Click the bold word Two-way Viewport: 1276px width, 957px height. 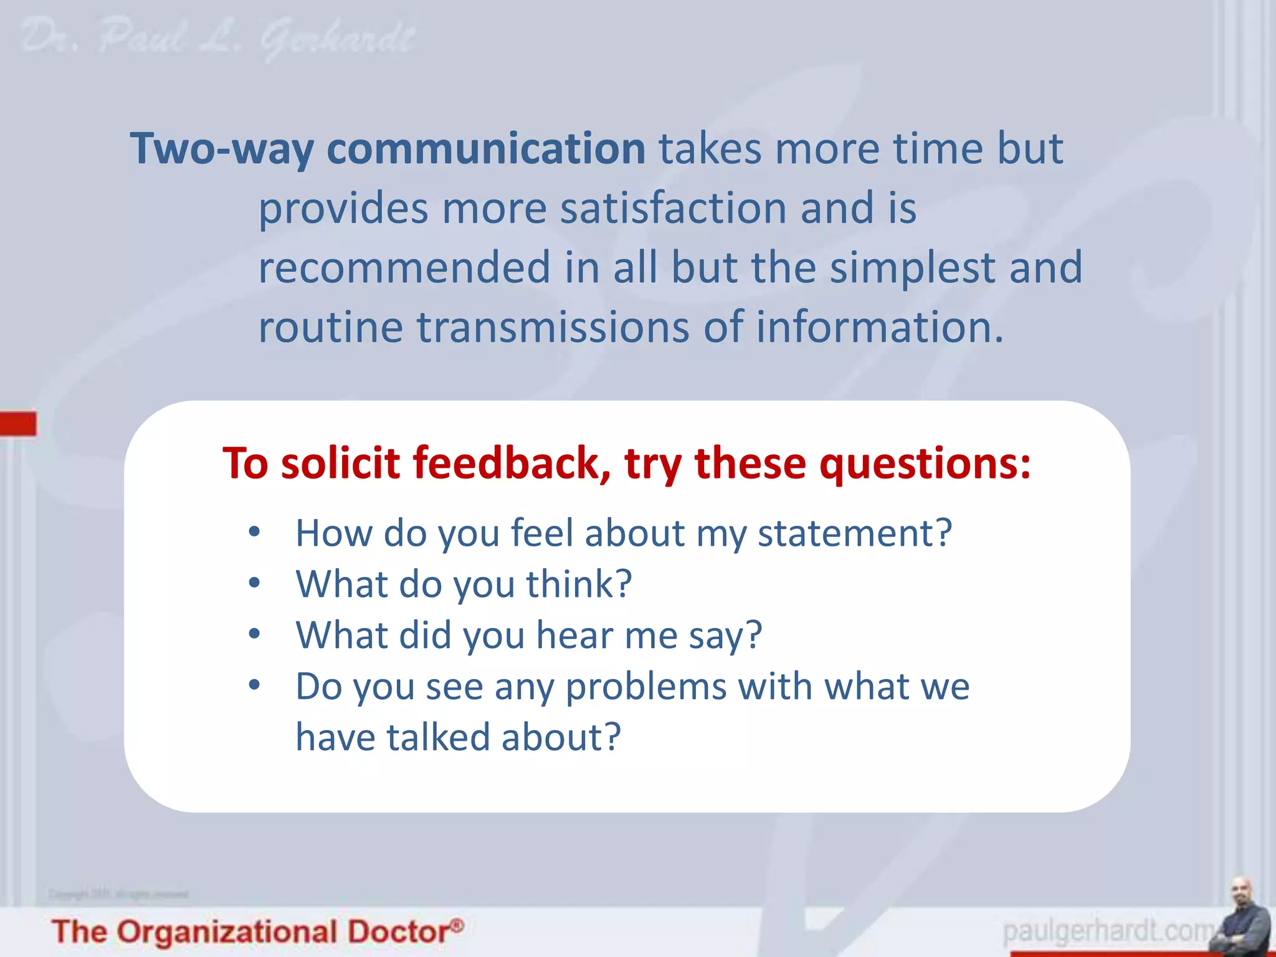(221, 150)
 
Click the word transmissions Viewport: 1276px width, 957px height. (553, 327)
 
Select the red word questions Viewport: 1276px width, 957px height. (925, 465)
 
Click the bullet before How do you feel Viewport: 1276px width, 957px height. (254, 532)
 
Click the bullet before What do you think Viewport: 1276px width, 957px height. (254, 583)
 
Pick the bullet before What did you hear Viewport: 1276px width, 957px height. (254, 634)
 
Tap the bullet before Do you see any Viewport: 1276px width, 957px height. (254, 685)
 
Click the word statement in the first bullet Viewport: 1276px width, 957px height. (854, 533)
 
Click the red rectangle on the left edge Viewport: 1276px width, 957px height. (18, 424)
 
